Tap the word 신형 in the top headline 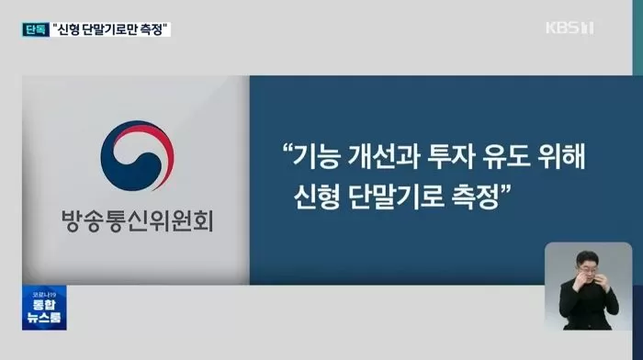coord(75,28)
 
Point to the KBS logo coord(568,28)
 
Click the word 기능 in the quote coord(317,159)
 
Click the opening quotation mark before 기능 coord(288,152)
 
